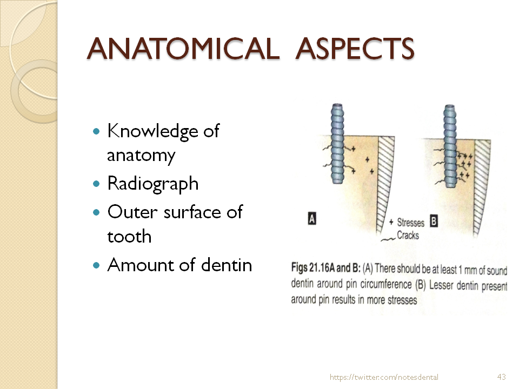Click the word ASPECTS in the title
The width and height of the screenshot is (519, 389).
coord(355,49)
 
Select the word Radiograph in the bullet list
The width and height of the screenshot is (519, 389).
coord(153,184)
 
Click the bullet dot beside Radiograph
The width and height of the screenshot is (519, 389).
coord(97,184)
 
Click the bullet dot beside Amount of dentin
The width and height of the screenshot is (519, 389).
coord(97,265)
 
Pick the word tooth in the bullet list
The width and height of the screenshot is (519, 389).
coord(129,236)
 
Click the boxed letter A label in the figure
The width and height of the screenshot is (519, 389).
coord(312,219)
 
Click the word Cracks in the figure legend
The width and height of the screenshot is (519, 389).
coord(408,235)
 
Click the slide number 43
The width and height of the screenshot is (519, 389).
coord(501,377)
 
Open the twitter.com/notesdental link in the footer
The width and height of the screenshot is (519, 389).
coord(384,377)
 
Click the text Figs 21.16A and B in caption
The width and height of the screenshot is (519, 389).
coord(330,269)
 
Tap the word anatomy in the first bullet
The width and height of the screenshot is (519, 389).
coord(141,156)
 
